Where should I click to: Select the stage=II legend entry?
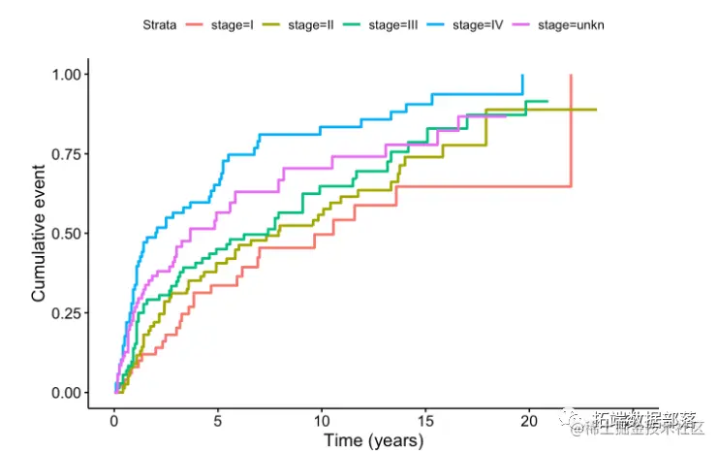[303, 24]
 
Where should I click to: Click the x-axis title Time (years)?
[373, 441]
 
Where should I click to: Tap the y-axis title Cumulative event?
[39, 233]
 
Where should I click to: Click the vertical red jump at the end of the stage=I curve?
[571, 131]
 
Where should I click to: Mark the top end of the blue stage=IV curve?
[522, 76]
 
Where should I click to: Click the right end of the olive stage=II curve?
[595, 110]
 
